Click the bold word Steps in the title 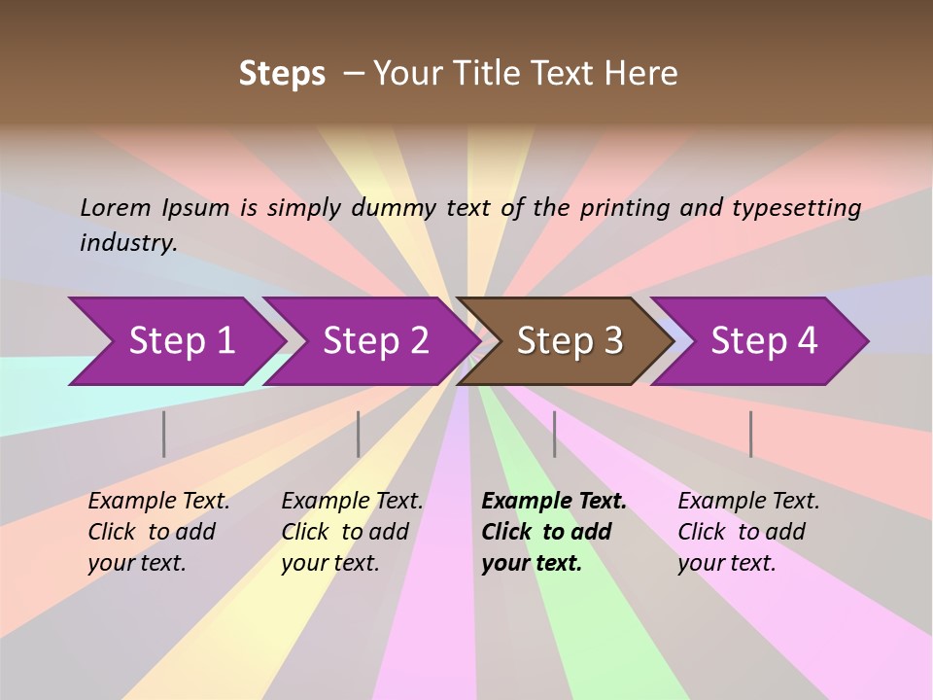click(282, 74)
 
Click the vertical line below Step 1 click(164, 434)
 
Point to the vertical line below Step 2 click(359, 434)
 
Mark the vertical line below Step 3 click(555, 434)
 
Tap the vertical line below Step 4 click(751, 434)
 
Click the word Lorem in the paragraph click(116, 207)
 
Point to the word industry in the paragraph click(127, 242)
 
